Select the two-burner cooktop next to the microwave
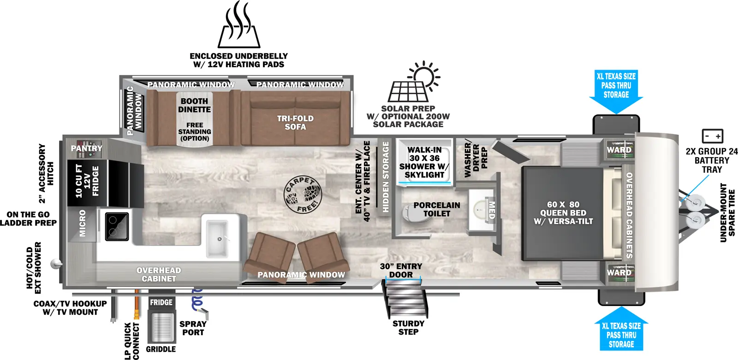click(x=117, y=226)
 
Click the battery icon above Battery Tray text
click(x=712, y=136)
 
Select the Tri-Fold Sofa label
click(x=295, y=123)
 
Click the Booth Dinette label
click(x=194, y=106)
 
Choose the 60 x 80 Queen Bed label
click(x=563, y=212)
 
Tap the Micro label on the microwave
click(x=83, y=224)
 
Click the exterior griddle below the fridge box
click(x=161, y=327)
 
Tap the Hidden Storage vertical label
click(x=386, y=177)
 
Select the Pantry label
click(x=86, y=148)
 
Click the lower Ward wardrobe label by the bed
click(x=619, y=272)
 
